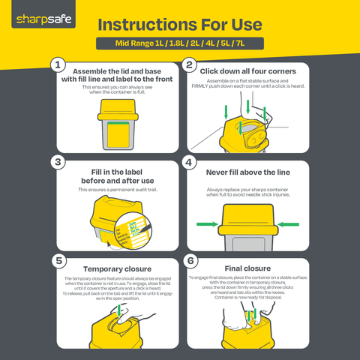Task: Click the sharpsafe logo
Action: tap(42, 16)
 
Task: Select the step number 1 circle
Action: tap(58, 65)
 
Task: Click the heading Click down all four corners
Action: tap(247, 71)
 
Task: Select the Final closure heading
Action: tap(247, 267)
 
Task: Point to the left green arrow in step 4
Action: tap(209, 223)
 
